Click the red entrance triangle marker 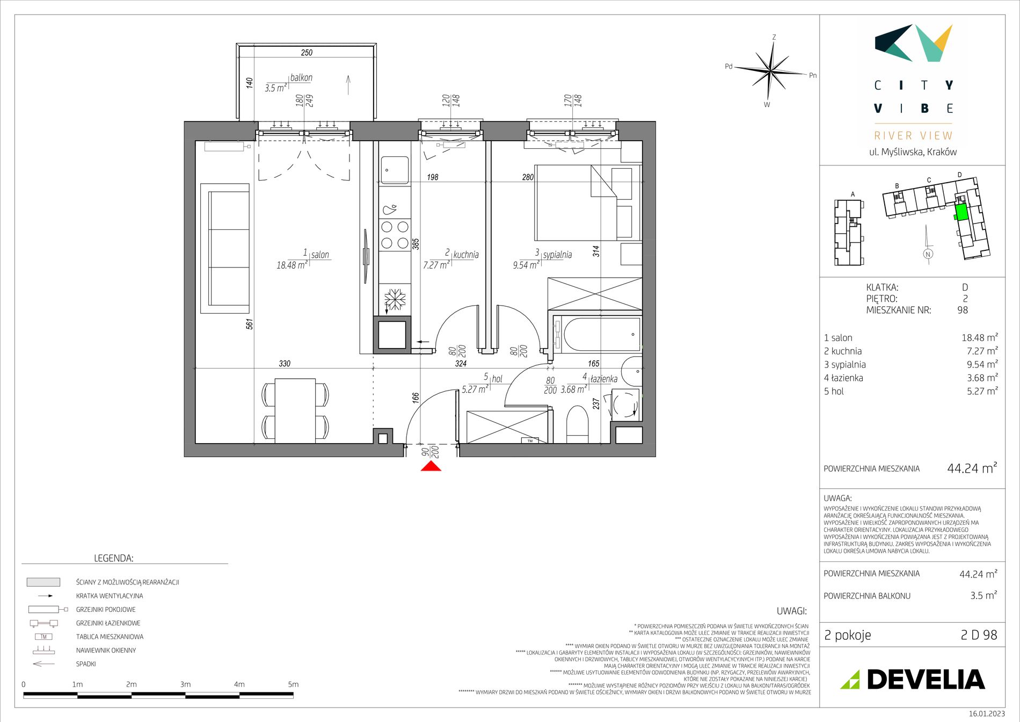pyautogui.click(x=431, y=466)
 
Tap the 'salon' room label pyautogui.click(x=320, y=255)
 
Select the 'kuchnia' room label pyautogui.click(x=466, y=255)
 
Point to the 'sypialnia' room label pyautogui.click(x=557, y=255)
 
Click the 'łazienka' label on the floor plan pyautogui.click(x=604, y=379)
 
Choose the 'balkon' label pyautogui.click(x=301, y=77)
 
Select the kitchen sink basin pyautogui.click(x=395, y=170)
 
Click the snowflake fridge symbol pyautogui.click(x=395, y=299)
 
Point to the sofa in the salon pyautogui.click(x=225, y=249)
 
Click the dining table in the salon pyautogui.click(x=295, y=411)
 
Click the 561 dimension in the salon pyautogui.click(x=250, y=324)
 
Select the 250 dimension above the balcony pyautogui.click(x=307, y=53)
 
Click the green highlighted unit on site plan pyautogui.click(x=961, y=212)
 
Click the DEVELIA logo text pyautogui.click(x=926, y=680)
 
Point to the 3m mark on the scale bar pyautogui.click(x=185, y=684)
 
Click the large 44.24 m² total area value pyautogui.click(x=972, y=468)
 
